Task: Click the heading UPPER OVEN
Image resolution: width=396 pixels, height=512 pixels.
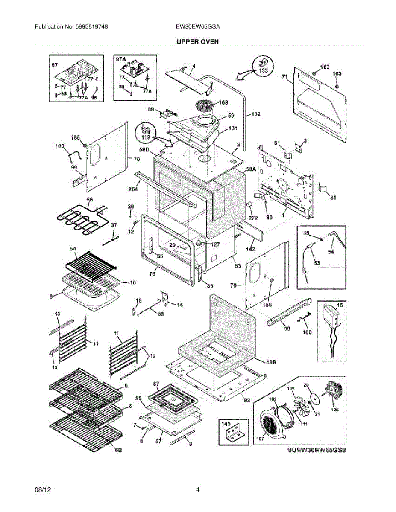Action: [x=198, y=41]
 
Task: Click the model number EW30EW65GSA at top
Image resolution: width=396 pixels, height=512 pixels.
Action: [x=198, y=26]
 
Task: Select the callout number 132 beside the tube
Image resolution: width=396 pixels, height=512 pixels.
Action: [x=255, y=114]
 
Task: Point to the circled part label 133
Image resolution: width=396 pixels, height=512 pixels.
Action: [x=264, y=70]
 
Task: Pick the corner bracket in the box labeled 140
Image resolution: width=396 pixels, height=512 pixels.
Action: [x=233, y=435]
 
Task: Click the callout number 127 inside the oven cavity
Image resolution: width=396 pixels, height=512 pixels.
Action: [x=214, y=244]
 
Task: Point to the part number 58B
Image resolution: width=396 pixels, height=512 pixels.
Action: [x=271, y=362]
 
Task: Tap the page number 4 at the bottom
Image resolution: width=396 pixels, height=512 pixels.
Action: [x=198, y=490]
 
